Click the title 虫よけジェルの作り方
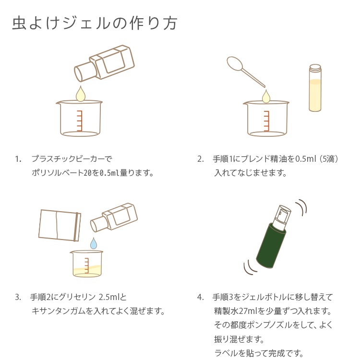pyautogui.click(x=95, y=24)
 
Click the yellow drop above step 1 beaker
pyautogui.click(x=81, y=94)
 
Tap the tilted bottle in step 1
pyautogui.click(x=105, y=63)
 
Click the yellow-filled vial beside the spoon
pyautogui.click(x=315, y=88)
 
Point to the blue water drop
pyautogui.click(x=94, y=243)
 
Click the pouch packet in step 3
pyautogui.click(x=60, y=225)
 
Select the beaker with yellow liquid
pyautogui.click(x=86, y=264)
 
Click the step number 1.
pyautogui.click(x=18, y=159)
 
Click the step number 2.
pyautogui.click(x=200, y=159)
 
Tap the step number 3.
pyautogui.click(x=18, y=297)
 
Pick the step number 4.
pyautogui.click(x=200, y=297)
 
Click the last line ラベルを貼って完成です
pyautogui.click(x=259, y=353)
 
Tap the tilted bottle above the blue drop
pyautogui.click(x=114, y=217)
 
